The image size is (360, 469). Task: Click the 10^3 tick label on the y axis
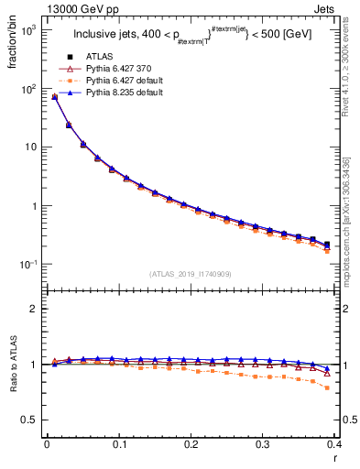[x=29, y=30]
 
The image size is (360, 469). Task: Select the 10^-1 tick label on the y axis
[x=29, y=264]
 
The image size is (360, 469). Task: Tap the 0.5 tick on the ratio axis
[x=32, y=420]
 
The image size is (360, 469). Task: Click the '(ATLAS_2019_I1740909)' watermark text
[x=191, y=274]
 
